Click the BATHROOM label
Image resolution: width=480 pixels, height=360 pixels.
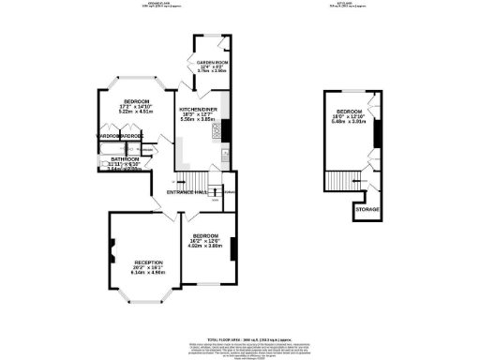(x=124, y=159)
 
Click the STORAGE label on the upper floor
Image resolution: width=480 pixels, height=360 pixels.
(x=367, y=208)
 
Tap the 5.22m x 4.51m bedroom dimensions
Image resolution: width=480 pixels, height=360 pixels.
(x=131, y=111)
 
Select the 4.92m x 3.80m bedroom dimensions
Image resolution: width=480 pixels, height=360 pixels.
(x=205, y=246)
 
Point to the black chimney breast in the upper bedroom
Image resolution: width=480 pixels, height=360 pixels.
(x=377, y=135)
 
